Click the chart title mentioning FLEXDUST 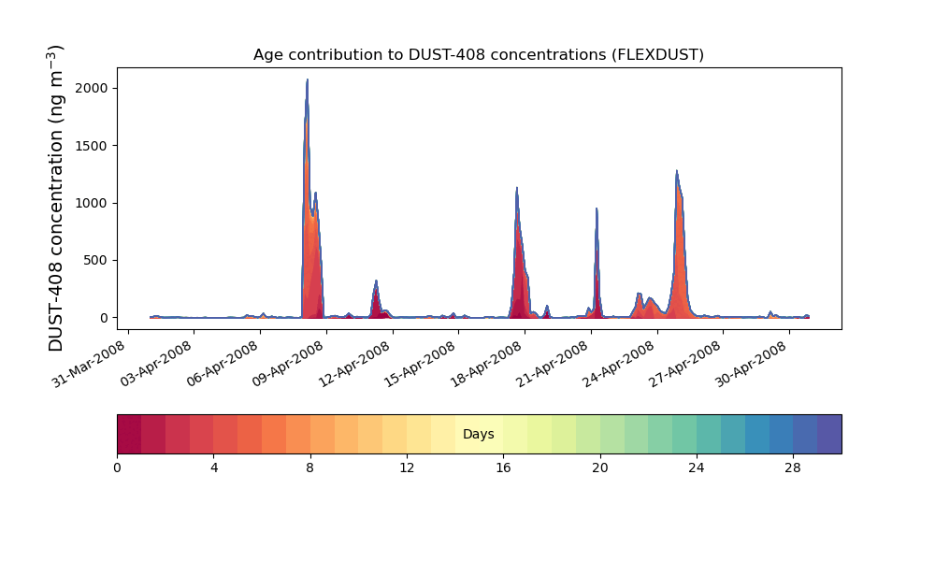coord(478,54)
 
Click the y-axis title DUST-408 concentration coord(57,198)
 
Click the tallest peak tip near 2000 coord(307,80)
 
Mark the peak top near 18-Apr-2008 coord(516,188)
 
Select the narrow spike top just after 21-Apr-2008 coord(596,209)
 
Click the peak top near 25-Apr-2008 coord(677,172)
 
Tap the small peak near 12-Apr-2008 coord(376,281)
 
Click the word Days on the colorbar coord(479,435)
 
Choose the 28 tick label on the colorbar coord(793,467)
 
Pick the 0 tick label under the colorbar coord(117,467)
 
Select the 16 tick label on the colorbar coord(503,467)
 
